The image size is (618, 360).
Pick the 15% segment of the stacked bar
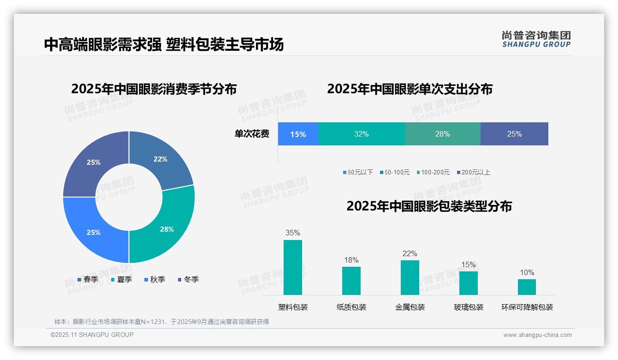click(x=298, y=134)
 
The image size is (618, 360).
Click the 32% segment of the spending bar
click(x=362, y=134)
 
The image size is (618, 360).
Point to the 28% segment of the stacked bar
click(x=442, y=134)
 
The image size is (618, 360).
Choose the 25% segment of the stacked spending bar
click(x=514, y=134)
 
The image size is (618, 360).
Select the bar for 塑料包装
click(x=293, y=267)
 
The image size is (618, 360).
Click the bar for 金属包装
click(x=410, y=277)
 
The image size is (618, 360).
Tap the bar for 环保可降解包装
click(x=527, y=287)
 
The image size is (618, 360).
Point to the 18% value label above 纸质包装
click(x=351, y=260)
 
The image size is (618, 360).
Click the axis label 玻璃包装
click(x=469, y=307)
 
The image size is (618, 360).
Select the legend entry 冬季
click(x=189, y=280)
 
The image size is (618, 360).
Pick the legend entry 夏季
click(x=122, y=280)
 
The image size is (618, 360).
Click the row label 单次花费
click(x=252, y=134)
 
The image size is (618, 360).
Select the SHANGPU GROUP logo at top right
click(x=536, y=39)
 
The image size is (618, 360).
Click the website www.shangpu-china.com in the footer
click(x=537, y=335)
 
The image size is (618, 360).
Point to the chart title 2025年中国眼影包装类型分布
click(x=429, y=206)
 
